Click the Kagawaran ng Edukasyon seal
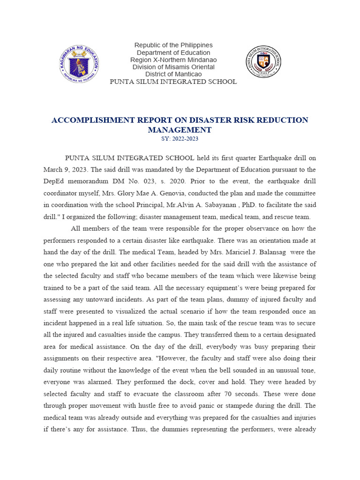coord(79,63)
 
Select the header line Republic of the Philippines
coord(173,45)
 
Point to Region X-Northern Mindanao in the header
coord(173,60)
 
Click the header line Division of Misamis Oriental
coord(173,67)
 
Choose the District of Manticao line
coord(173,74)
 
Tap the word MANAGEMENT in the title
coord(180,130)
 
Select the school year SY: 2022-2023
coord(180,139)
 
